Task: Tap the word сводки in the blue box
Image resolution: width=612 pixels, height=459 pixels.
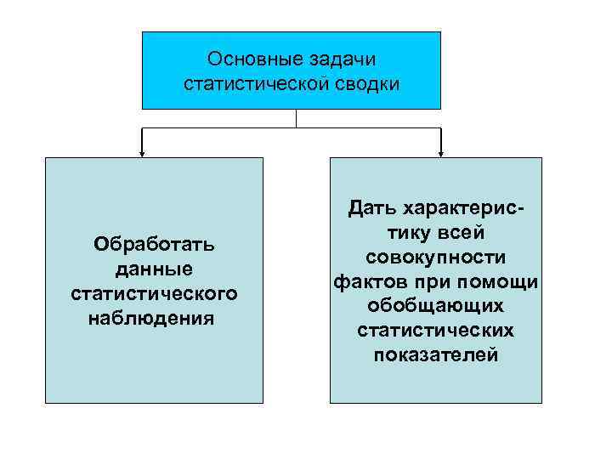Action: [x=367, y=83]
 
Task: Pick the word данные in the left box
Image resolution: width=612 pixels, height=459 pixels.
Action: [x=154, y=269]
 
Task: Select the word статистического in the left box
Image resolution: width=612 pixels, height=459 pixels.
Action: [x=154, y=294]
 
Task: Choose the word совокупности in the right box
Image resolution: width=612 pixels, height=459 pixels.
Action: [x=436, y=257]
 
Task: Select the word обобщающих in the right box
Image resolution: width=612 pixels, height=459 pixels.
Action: [x=436, y=305]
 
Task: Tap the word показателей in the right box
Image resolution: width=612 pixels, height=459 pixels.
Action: [x=436, y=354]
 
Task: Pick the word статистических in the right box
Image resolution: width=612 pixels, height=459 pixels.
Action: [x=436, y=330]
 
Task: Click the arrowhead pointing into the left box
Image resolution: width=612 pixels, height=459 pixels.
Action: [x=142, y=153]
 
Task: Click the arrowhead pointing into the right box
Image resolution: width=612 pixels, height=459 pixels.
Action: [x=441, y=153]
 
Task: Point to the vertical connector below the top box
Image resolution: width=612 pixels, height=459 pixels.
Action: [x=295, y=118]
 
